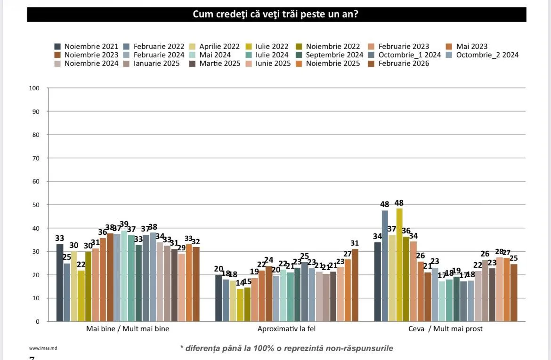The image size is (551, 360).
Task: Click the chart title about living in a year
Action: coord(275,15)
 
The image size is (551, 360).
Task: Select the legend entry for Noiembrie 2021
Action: coord(87,47)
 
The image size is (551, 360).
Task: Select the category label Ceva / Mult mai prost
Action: coord(446,329)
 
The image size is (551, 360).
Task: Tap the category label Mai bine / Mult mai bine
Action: coord(128,329)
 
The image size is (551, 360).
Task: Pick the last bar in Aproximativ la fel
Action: coord(355,285)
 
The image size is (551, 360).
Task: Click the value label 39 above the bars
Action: coord(124,224)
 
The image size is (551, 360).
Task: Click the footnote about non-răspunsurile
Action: coord(286,349)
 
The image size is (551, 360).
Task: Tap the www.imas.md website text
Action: coord(40,349)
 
